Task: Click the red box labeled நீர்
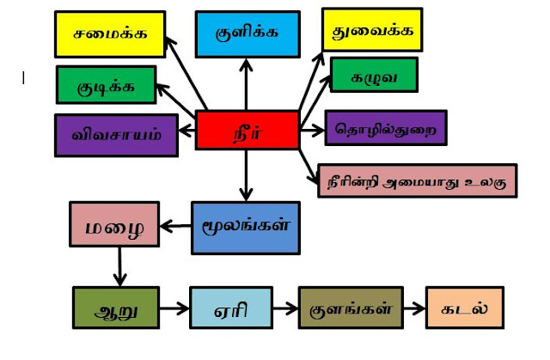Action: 247,130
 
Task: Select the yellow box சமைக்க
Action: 109,34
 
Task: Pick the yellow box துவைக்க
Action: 371,30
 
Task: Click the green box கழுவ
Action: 373,76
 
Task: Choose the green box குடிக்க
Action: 106,84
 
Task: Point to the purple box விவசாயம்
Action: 116,134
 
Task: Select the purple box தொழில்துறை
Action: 385,128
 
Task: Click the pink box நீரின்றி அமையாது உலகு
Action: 417,180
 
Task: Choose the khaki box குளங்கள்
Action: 350,308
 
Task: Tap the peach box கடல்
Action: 464,308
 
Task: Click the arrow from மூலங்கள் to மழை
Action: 175,227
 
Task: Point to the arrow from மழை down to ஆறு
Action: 119,267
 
